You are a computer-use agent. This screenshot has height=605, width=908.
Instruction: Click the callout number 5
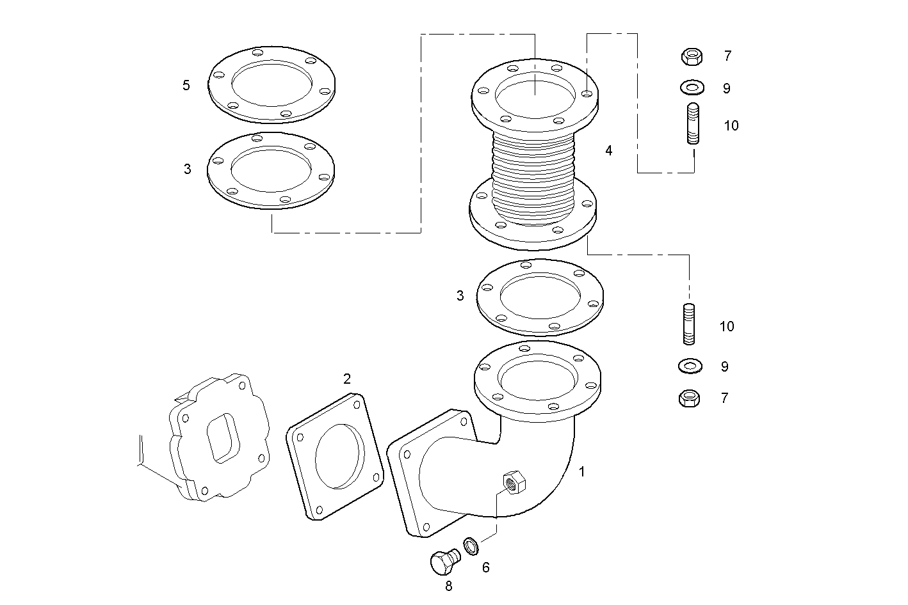(186, 85)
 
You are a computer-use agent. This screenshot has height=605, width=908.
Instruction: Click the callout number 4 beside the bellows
(608, 151)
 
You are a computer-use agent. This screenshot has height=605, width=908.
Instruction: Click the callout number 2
(346, 379)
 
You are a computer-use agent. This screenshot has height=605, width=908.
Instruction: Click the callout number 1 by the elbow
(581, 472)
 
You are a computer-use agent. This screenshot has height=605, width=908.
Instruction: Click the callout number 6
(485, 567)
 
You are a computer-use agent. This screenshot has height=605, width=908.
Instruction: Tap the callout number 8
(448, 586)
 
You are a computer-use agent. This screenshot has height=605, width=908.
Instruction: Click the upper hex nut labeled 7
(692, 57)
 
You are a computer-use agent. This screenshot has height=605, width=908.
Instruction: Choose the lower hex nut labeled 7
(688, 398)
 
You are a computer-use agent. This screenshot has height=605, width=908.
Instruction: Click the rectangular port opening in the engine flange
(220, 437)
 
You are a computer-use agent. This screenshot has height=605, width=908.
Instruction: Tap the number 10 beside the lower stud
(726, 327)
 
